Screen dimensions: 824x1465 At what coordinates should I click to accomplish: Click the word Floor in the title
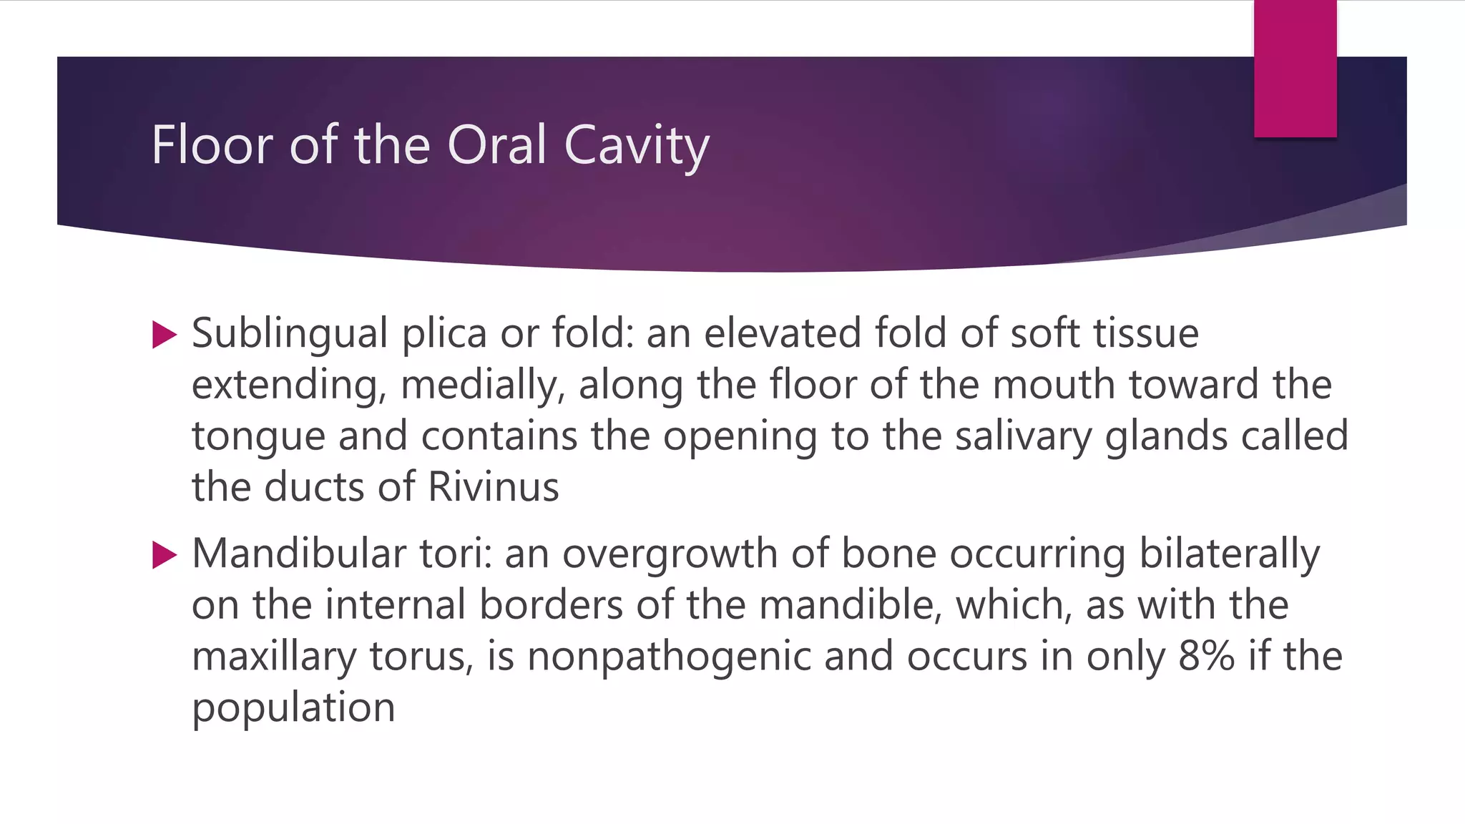coord(212,145)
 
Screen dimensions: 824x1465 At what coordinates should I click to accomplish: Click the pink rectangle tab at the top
coord(1295,69)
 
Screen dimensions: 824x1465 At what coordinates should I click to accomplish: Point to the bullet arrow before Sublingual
coord(165,335)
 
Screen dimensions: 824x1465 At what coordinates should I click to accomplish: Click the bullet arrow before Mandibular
coord(165,555)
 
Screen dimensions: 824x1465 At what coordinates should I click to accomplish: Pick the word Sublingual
coord(290,334)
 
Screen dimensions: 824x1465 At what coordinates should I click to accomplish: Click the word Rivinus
coord(493,487)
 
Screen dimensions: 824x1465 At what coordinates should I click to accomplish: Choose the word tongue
coord(258,437)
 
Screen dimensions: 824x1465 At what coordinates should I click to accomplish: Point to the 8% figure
coord(1206,657)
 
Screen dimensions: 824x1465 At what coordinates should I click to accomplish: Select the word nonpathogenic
coord(669,657)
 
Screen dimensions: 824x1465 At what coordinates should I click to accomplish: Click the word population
coord(293,709)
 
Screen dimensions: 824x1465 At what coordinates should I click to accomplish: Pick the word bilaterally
coord(1229,554)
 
